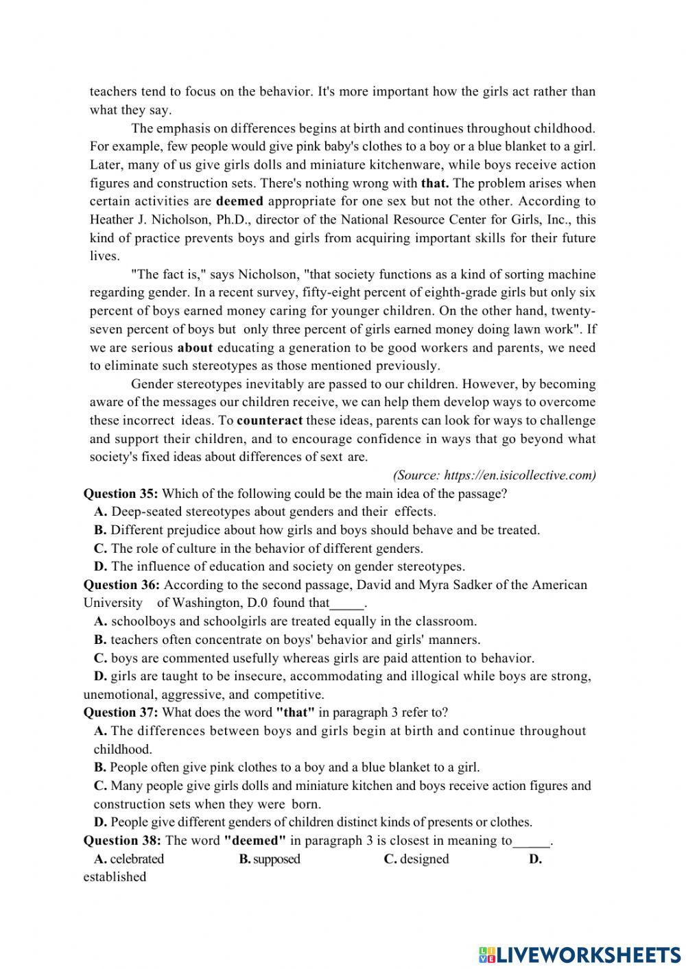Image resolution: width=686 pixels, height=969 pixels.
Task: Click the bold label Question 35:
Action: pos(121,494)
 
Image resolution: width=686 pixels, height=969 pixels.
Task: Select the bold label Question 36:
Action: pos(121,585)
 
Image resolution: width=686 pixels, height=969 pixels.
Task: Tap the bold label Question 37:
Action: pos(121,713)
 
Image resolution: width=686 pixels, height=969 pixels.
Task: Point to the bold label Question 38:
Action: pos(122,841)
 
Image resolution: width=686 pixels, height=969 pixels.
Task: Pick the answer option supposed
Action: pos(276,859)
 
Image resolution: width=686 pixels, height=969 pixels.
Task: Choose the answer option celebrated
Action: pos(137,859)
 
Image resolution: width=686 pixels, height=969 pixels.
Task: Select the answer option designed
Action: pos(424,859)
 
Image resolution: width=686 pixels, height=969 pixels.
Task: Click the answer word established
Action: pos(115,877)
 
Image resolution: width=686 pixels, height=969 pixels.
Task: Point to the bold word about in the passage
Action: pos(195,348)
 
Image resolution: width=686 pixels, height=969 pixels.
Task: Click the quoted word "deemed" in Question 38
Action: pos(255,841)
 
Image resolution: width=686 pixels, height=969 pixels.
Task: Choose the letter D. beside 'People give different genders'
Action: pos(100,822)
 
